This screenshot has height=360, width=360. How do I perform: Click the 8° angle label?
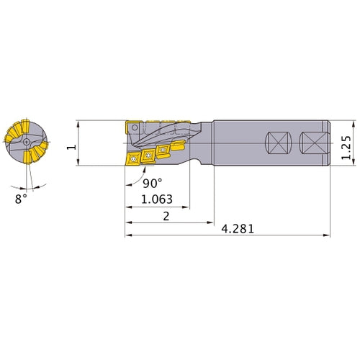[19, 196]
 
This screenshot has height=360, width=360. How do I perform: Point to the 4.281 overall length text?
[238, 228]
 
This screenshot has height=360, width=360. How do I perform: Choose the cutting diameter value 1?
[71, 147]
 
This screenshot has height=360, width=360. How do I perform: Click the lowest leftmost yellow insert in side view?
[134, 159]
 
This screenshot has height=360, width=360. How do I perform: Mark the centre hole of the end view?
[26, 143]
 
